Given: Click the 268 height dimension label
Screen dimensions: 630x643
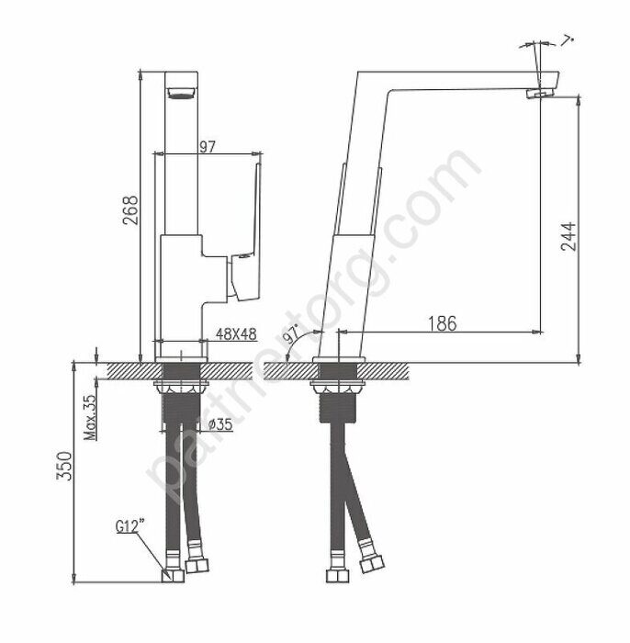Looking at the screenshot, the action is pos(130,210).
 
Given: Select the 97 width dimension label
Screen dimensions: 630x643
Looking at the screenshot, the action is pos(208,146).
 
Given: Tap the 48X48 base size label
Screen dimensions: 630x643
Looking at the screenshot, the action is pos(236,334).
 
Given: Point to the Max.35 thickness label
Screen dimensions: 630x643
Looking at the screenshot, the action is pos(91,417).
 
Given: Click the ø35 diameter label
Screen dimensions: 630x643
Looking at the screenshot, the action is pos(220,424).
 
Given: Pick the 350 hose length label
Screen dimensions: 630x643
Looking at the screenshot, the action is pos(64,466).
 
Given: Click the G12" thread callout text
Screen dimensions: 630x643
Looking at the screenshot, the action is pos(130,525).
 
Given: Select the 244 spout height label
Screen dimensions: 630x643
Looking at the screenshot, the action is pos(568,237).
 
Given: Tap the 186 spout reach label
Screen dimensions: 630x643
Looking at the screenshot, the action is pos(443,323).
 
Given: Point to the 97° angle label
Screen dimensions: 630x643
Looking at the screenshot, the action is pos(293,333).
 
